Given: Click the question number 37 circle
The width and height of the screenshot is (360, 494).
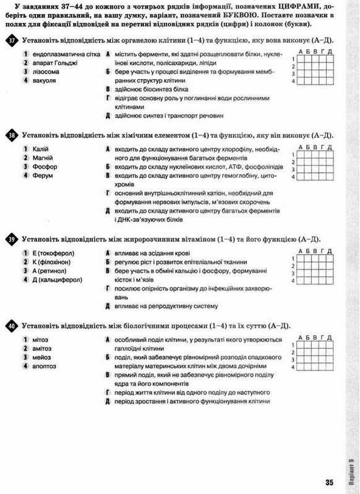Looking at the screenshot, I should click(12, 40).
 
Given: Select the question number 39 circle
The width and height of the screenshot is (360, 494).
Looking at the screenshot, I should click(12, 239).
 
